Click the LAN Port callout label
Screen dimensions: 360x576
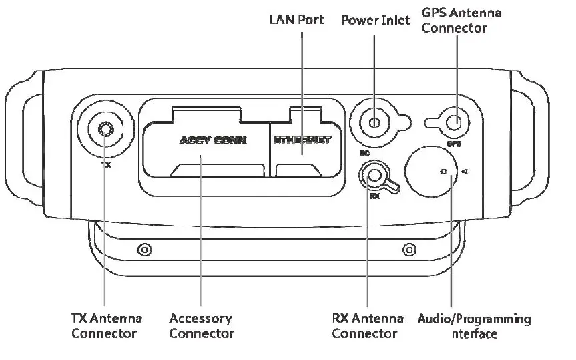coord(296,19)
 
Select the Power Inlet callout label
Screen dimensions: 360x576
coord(376,19)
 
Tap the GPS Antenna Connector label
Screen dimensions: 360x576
coord(461,20)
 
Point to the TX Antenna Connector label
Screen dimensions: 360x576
coord(105,325)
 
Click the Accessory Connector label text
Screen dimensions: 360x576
coord(201,325)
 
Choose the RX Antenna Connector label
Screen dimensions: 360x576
coord(368,325)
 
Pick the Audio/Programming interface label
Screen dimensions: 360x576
coord(474,325)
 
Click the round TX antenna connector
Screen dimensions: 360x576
coord(105,129)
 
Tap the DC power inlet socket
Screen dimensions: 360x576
coord(375,122)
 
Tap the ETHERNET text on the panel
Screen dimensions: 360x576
coord(302,140)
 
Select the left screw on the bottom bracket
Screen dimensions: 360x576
coord(142,250)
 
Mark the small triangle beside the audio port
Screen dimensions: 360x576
coord(464,172)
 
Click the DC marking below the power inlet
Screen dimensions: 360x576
coord(364,153)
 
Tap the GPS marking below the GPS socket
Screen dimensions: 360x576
coord(454,143)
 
